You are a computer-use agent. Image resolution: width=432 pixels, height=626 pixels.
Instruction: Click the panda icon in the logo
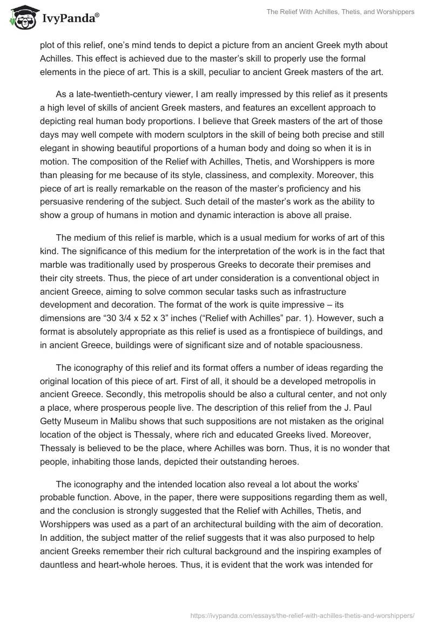point(22,18)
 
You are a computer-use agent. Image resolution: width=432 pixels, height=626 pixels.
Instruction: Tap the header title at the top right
point(341,12)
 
